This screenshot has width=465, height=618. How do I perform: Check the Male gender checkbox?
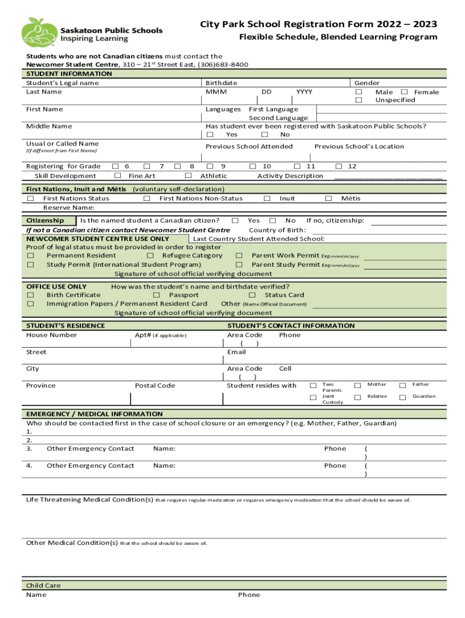click(359, 92)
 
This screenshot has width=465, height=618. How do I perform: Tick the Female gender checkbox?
click(405, 92)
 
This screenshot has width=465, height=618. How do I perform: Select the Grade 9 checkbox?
click(210, 166)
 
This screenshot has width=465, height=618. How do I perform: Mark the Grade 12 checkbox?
click(339, 166)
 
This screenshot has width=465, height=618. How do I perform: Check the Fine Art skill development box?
click(117, 176)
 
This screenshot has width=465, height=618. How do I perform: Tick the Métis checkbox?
click(329, 198)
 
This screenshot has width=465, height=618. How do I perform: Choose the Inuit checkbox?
click(267, 198)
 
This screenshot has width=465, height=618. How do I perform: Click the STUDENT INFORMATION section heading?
click(69, 74)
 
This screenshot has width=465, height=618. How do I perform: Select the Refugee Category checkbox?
click(150, 255)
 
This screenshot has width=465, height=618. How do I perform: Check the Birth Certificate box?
click(30, 295)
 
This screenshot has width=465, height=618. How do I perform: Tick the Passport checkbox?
click(156, 295)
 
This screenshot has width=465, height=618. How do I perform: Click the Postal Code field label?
click(155, 386)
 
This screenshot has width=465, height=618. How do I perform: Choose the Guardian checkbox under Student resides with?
click(402, 397)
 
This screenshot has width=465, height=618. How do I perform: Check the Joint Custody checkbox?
click(313, 397)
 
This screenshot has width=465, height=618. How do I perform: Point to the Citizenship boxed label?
click(50, 221)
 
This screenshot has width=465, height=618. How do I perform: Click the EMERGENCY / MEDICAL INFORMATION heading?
click(94, 414)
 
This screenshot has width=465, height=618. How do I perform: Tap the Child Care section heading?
click(43, 585)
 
